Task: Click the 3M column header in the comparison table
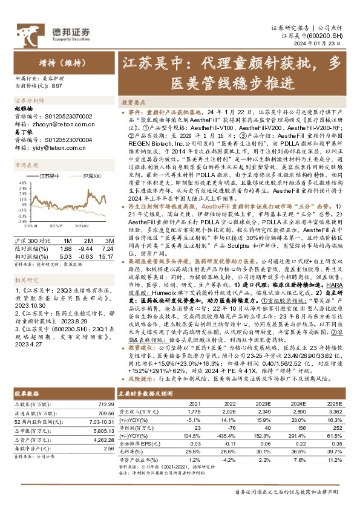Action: click(109, 233)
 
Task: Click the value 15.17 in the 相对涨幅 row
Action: click(107, 246)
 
